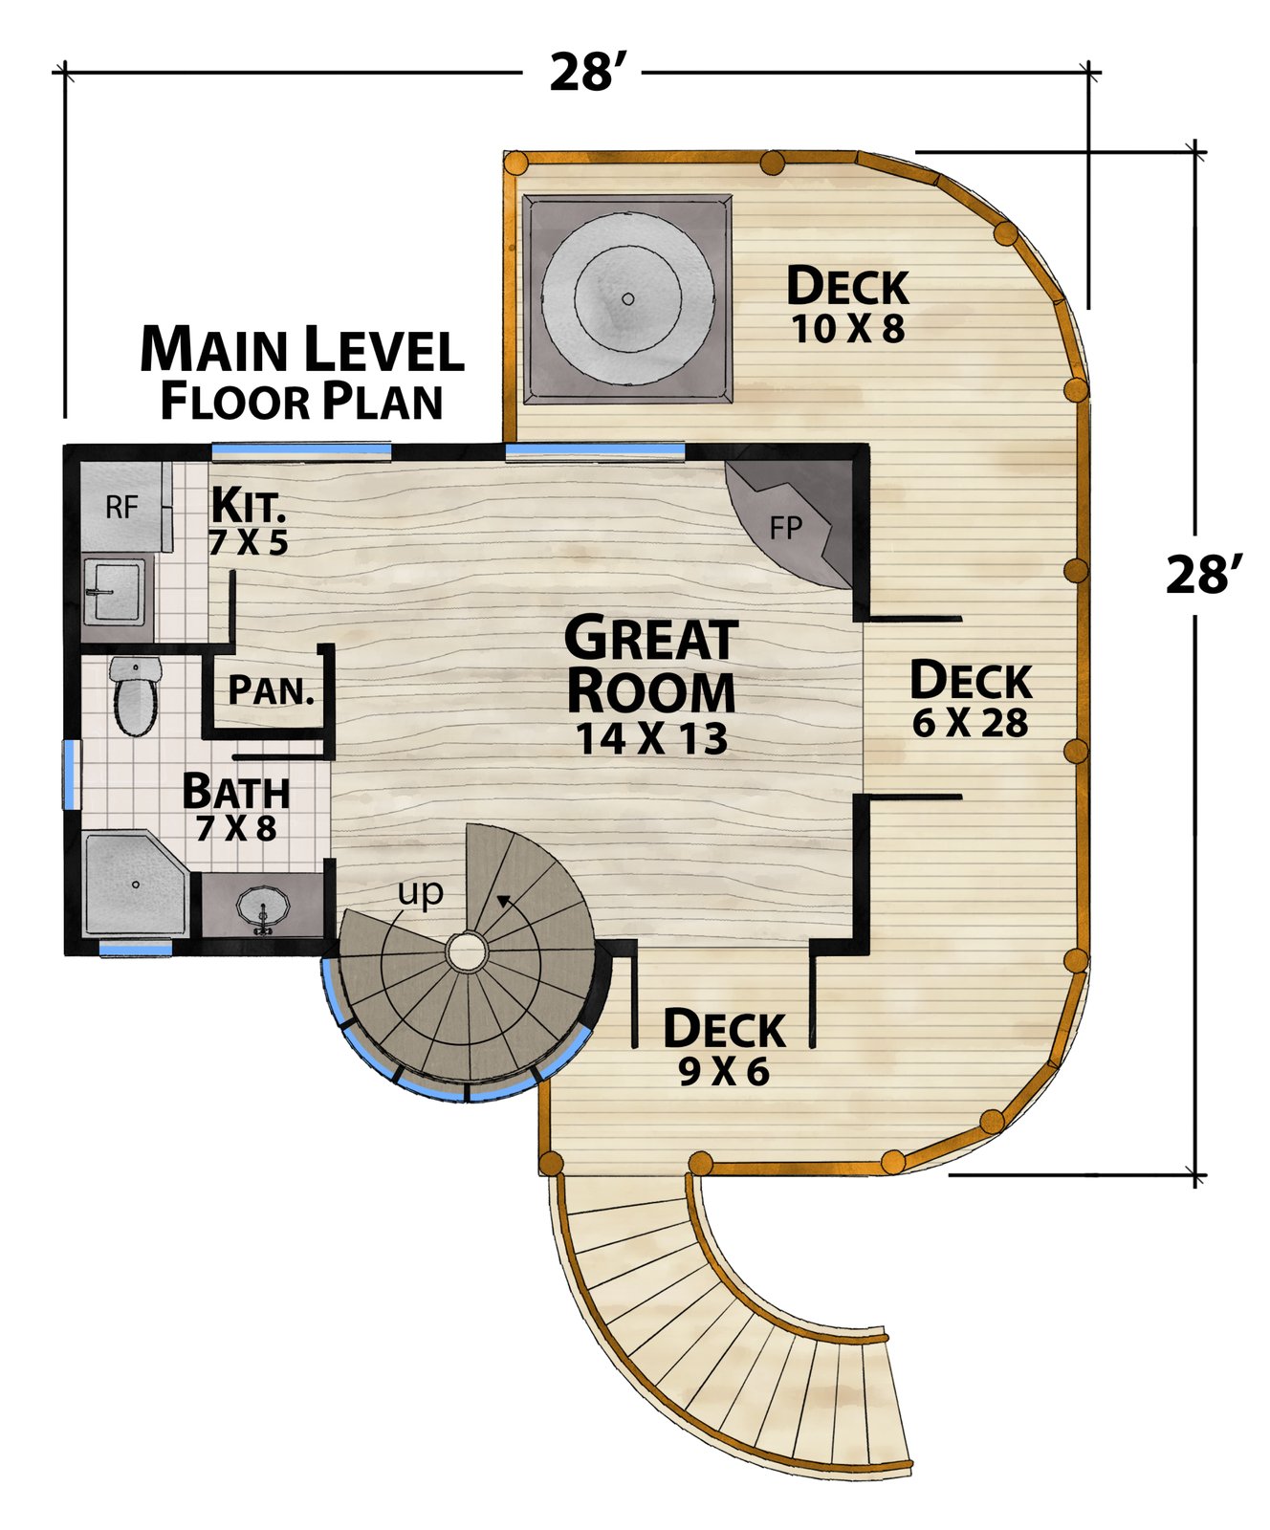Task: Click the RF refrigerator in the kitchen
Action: [121, 507]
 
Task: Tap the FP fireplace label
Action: [786, 527]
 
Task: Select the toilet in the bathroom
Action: [136, 695]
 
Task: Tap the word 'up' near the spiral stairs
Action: [421, 893]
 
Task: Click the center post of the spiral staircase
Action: [467, 952]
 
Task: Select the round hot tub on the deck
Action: [627, 298]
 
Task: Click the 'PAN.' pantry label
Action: [272, 690]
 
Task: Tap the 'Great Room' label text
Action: [651, 665]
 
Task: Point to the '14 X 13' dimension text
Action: [652, 739]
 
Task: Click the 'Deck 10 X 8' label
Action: [847, 304]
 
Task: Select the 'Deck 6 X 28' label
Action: [971, 699]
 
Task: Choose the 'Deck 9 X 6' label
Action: [724, 1048]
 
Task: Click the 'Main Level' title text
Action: [302, 349]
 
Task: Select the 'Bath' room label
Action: [236, 792]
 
